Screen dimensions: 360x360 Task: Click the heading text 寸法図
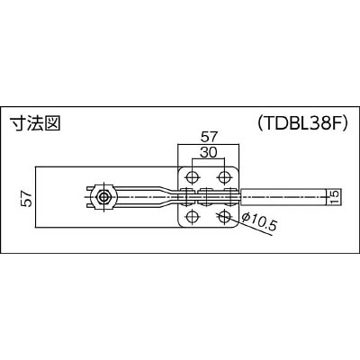(35, 123)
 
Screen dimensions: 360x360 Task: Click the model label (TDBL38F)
(303, 122)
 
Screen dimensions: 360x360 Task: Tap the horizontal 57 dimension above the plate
(209, 137)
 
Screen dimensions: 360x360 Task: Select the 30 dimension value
(209, 153)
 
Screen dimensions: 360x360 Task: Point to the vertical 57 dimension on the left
(26, 198)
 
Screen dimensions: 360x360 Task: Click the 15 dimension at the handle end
(335, 197)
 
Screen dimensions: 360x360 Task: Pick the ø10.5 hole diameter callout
(258, 221)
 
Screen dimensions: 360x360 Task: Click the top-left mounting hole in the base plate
(192, 177)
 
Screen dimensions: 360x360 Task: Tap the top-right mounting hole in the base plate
(224, 177)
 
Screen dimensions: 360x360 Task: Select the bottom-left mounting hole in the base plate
(192, 216)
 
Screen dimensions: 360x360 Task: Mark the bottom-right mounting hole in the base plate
(224, 216)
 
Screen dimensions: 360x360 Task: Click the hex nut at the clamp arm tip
(103, 197)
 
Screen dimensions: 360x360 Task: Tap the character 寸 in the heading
(18, 123)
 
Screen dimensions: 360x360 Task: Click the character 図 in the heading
(53, 123)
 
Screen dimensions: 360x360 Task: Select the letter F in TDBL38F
(337, 122)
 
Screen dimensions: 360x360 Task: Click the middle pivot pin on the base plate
(207, 197)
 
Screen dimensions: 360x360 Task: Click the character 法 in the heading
(35, 123)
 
